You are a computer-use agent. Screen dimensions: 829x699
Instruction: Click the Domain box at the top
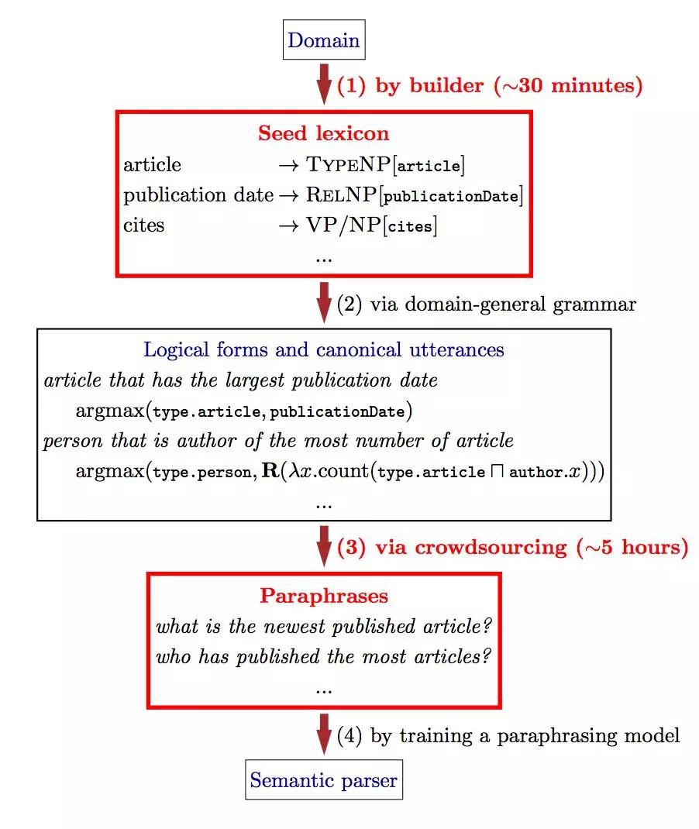(324, 40)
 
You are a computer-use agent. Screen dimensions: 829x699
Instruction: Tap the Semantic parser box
(324, 779)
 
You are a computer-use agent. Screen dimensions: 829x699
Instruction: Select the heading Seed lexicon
(323, 132)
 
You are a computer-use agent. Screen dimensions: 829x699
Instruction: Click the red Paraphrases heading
(323, 596)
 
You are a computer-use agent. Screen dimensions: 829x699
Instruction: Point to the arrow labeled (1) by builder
(323, 85)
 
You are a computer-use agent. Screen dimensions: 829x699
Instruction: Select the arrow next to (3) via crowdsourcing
(323, 547)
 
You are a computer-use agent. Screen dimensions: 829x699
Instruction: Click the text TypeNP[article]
(375, 165)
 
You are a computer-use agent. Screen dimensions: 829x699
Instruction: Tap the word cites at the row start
(144, 226)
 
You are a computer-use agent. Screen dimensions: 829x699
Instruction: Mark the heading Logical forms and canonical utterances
(323, 349)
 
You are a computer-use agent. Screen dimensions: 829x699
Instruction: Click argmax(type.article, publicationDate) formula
(243, 410)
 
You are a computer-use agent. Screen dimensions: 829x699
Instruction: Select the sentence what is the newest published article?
(324, 626)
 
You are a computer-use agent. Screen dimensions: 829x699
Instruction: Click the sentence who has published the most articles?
(324, 658)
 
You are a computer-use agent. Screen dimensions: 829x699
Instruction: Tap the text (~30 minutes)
(568, 85)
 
